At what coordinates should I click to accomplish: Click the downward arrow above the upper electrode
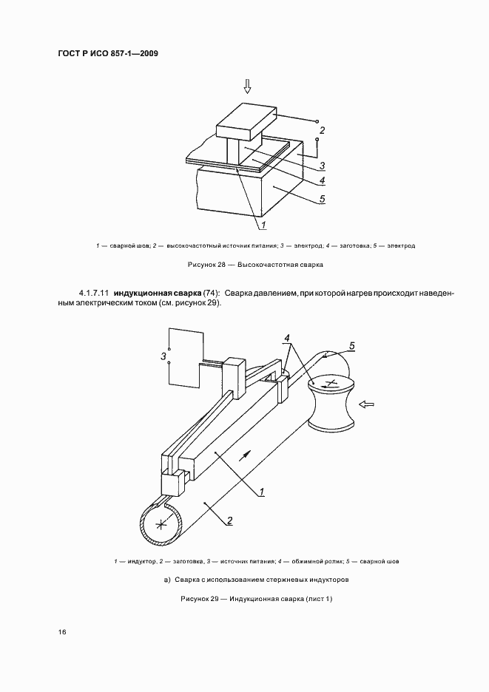click(x=247, y=86)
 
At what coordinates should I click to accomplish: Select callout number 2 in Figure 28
click(x=320, y=131)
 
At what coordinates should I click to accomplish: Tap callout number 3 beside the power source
click(x=162, y=356)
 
